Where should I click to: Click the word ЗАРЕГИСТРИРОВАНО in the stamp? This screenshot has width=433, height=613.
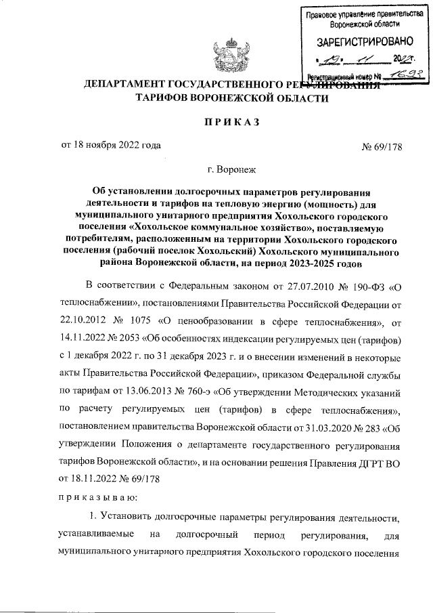[360, 43]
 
